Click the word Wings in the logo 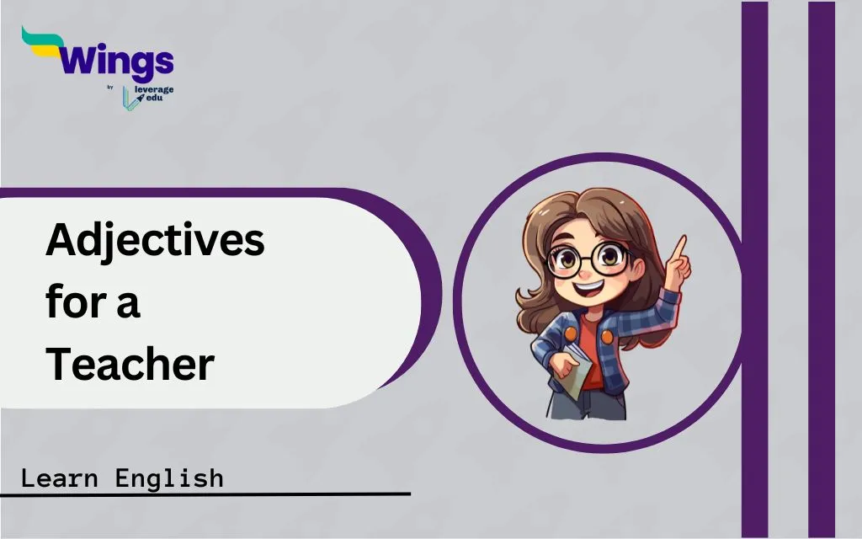coord(116,61)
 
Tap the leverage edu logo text coord(153,93)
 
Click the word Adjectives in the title coord(155,241)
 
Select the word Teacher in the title coord(130,364)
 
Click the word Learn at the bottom coord(60,478)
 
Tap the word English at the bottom coord(169,478)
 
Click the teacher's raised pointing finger coord(679,247)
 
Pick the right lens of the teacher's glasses coord(609,258)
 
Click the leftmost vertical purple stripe coord(754,269)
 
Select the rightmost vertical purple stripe coord(822,269)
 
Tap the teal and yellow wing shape coord(42,42)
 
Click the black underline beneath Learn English coord(205,494)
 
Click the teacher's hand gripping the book coord(561,364)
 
